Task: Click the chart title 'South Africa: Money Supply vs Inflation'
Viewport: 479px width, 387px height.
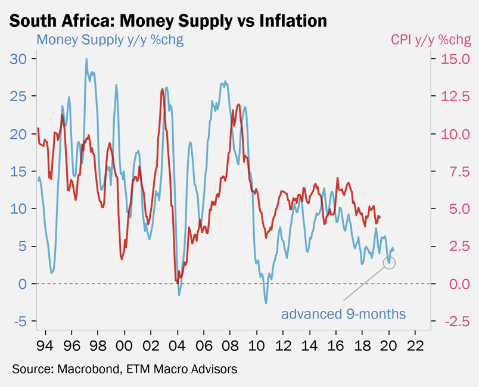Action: (x=169, y=20)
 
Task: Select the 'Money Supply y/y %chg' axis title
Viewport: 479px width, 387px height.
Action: (x=110, y=40)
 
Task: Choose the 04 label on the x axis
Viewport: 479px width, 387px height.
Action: (x=178, y=346)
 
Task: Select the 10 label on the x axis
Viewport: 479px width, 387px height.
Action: (x=257, y=346)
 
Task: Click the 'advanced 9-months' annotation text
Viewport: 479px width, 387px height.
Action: (x=343, y=314)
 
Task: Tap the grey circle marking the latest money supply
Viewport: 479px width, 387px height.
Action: (x=389, y=262)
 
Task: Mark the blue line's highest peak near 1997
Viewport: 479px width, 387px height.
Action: (x=86, y=59)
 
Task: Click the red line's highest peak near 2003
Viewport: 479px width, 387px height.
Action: (x=163, y=89)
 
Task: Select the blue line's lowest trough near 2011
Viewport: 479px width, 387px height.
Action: (x=266, y=303)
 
